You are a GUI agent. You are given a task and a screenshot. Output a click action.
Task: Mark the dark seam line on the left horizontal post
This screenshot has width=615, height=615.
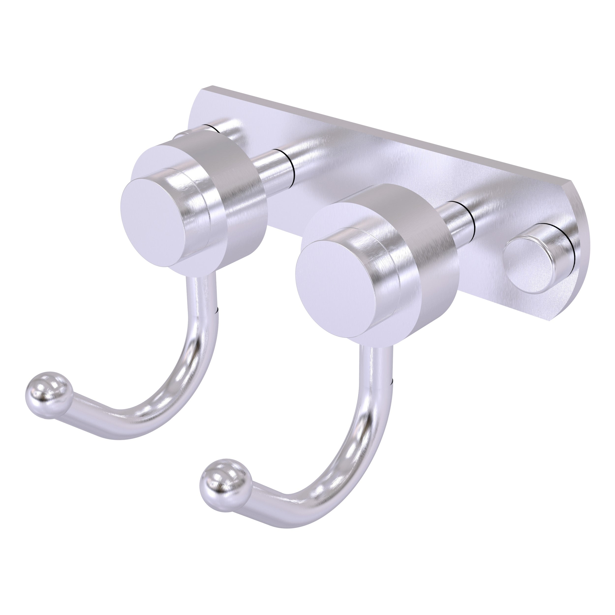click(x=292, y=166)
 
